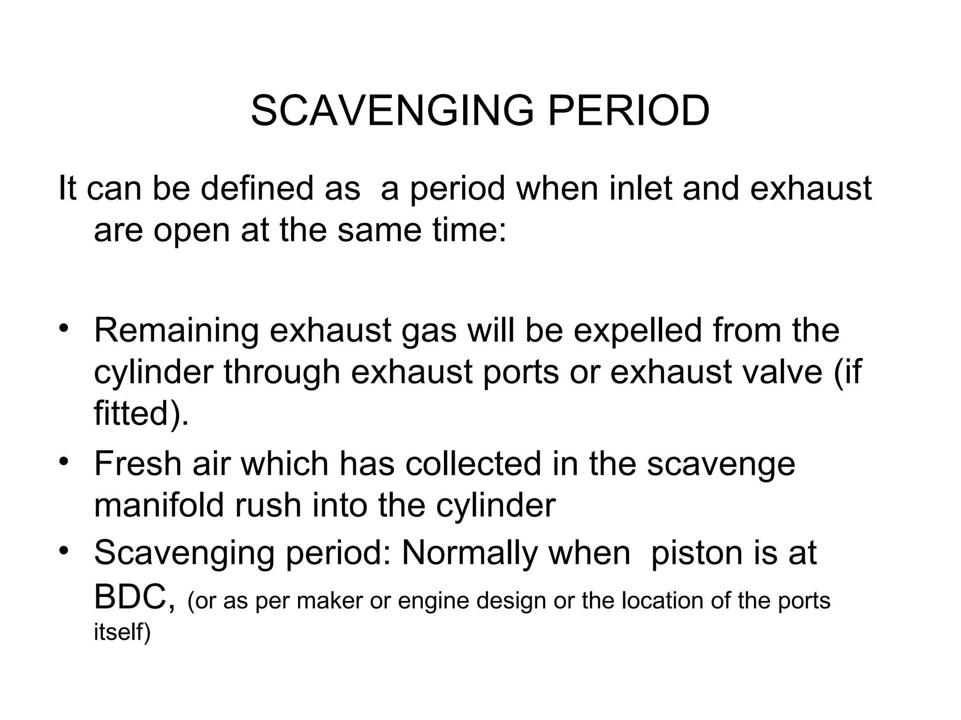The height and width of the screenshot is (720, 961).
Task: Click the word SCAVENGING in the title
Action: (x=392, y=111)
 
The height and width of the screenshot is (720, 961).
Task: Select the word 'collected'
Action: (x=474, y=464)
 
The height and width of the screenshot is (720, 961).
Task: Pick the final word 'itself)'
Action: (x=122, y=632)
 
